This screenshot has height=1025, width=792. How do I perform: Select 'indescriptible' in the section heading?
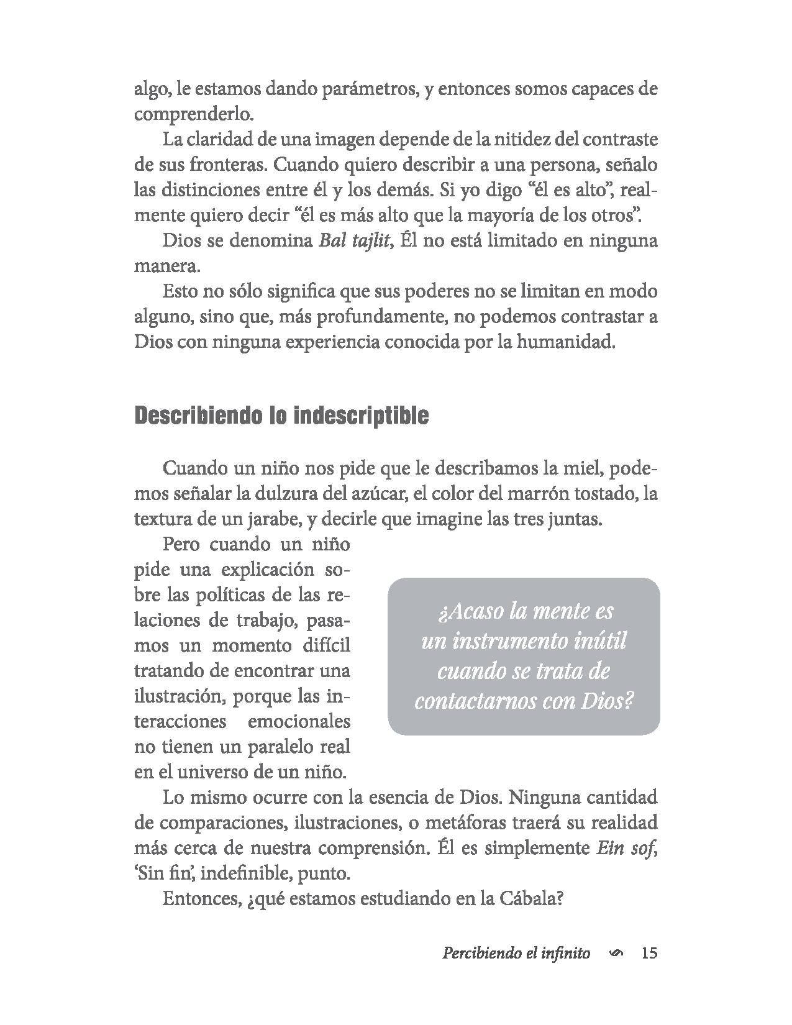point(361,416)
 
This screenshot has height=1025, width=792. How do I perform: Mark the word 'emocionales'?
point(299,722)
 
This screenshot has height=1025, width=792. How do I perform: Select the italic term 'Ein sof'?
point(624,848)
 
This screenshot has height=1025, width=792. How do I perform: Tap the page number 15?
point(649,953)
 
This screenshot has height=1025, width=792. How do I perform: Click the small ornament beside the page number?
point(616,954)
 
